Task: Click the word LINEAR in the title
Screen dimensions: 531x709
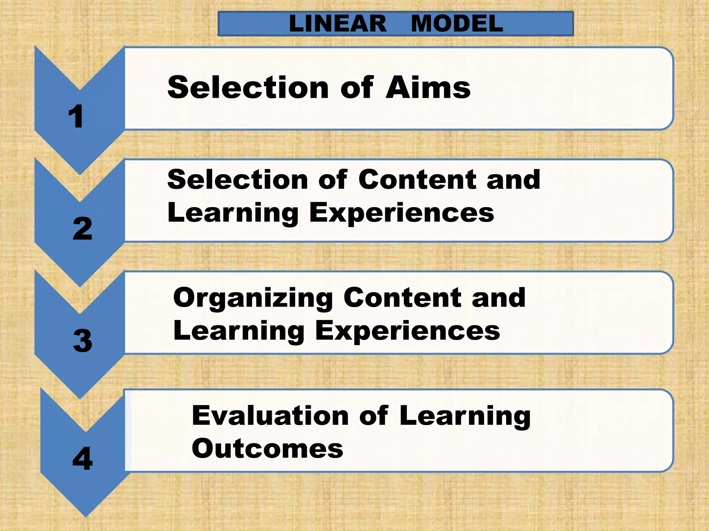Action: point(338,24)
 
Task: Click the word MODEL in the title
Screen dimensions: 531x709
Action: point(457,24)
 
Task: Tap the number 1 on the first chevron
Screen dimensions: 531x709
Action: point(76,117)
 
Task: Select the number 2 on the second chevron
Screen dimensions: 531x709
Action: point(82,229)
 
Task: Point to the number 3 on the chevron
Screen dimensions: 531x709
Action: point(82,341)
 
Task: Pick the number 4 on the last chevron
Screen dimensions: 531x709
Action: point(82,458)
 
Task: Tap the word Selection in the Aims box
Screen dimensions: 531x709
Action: point(248,87)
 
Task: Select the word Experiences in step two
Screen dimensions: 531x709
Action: point(402,213)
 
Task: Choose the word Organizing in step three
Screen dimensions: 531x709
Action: point(253,298)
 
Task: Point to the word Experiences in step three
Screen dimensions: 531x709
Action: point(407,330)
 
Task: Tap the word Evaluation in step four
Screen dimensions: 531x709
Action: point(270,416)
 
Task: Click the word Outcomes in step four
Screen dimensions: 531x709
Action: point(267,449)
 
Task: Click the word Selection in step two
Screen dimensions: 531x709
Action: point(237,180)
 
